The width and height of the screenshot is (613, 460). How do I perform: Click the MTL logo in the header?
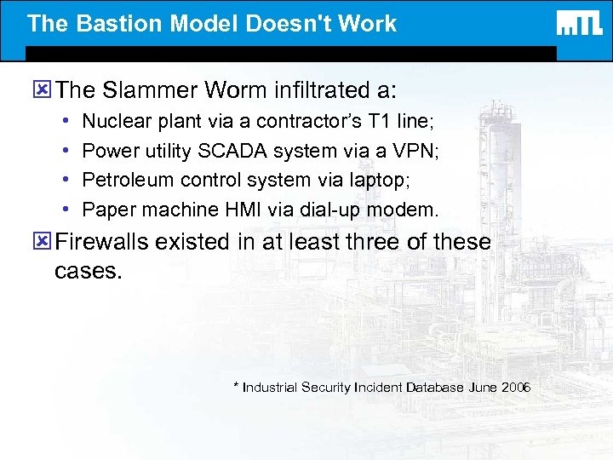(580, 23)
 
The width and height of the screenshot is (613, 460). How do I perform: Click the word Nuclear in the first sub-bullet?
(113, 122)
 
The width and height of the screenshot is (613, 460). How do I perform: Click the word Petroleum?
(125, 180)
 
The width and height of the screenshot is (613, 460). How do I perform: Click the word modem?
(407, 209)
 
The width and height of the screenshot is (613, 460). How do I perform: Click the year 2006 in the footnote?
(516, 388)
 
